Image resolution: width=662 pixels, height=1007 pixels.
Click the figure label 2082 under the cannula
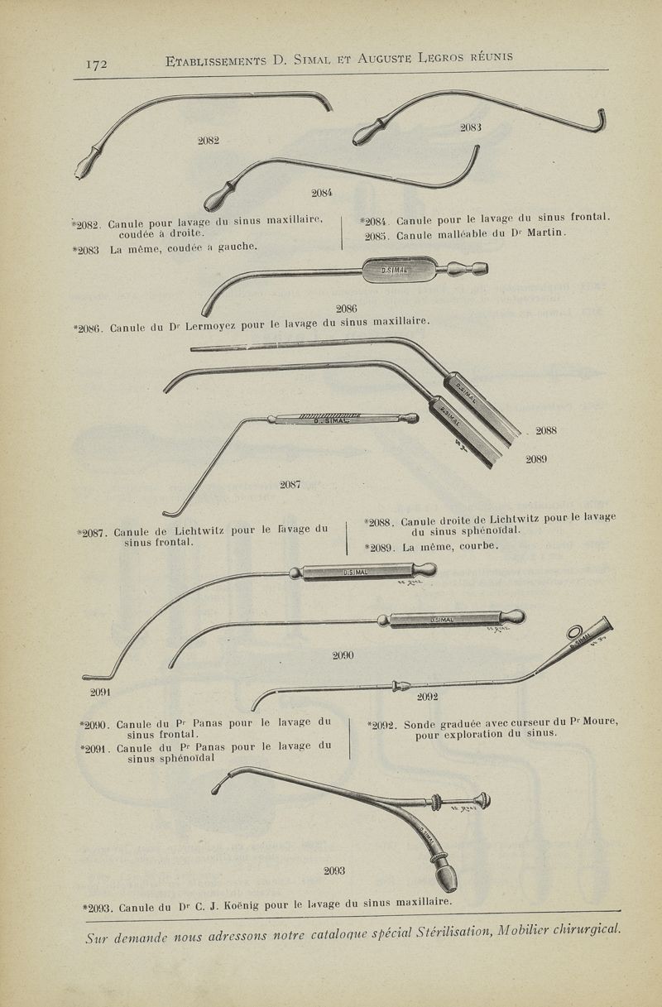208,140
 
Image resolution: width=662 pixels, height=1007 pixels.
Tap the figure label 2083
471,127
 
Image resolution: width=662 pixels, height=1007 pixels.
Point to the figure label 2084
322,193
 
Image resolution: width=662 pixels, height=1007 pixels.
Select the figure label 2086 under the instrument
346,309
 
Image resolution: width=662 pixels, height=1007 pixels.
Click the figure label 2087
290,485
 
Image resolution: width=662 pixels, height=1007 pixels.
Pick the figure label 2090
343,655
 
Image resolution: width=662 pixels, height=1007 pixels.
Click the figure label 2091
101,692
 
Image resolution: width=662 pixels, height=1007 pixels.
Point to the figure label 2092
428,697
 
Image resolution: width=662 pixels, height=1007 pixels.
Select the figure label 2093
335,870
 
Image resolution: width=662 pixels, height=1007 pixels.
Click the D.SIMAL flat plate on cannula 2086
396,270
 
